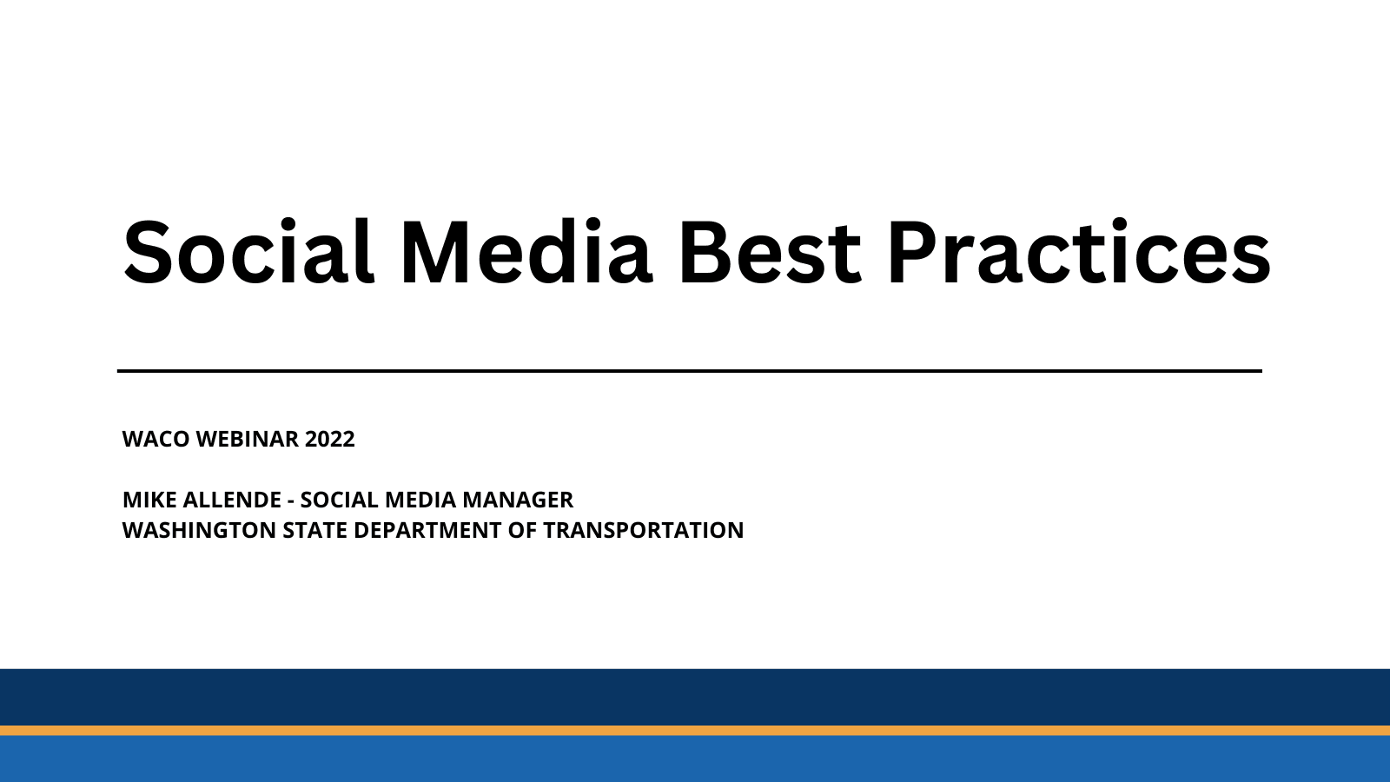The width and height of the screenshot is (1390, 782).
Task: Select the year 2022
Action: coord(330,439)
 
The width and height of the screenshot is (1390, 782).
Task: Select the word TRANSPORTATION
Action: coord(643,530)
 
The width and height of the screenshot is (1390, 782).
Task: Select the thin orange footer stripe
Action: coord(695,731)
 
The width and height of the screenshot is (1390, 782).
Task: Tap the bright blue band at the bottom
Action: coord(695,759)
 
